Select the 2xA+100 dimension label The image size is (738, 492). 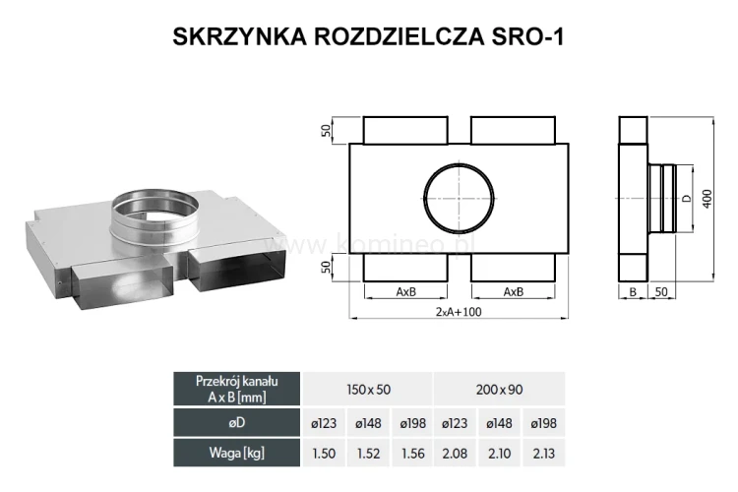coord(457,312)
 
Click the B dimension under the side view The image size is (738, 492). coord(632,292)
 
